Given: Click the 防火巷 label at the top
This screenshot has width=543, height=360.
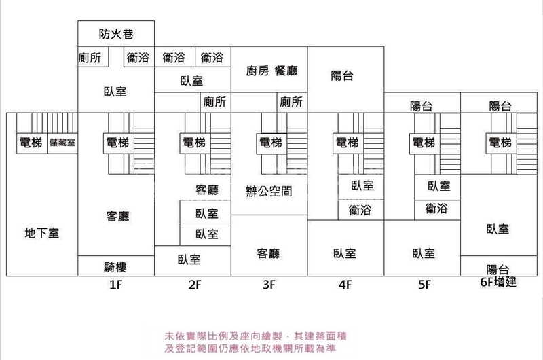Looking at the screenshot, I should coord(115,33).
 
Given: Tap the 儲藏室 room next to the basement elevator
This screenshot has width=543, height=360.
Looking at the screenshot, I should coord(62,143).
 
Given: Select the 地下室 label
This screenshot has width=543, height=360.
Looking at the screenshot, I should coord(42,233).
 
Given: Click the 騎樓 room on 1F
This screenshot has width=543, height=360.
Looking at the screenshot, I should coord(116,266).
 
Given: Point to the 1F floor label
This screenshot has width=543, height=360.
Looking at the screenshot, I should coord(116,285).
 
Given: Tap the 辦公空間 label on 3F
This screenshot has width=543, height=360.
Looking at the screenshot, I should coord(269,191).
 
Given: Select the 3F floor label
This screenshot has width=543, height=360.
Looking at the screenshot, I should coord(269,285).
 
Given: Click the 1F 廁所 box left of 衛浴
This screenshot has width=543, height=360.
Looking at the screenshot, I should coord(90,58).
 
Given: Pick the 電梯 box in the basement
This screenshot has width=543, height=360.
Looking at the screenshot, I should coord(31,143).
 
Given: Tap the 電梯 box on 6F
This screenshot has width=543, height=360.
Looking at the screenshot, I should coord(500,143).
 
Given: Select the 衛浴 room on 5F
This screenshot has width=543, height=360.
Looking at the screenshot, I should coord(437,209).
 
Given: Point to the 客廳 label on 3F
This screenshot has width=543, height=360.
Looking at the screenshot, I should coord(269,254).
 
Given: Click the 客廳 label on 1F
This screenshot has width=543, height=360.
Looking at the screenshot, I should coord(117,217).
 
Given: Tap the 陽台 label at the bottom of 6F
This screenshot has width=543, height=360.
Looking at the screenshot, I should coord(500,269).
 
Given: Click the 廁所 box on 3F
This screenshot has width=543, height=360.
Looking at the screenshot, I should coord(291,102).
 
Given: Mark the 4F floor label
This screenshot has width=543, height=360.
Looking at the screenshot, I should coord(348,285).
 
